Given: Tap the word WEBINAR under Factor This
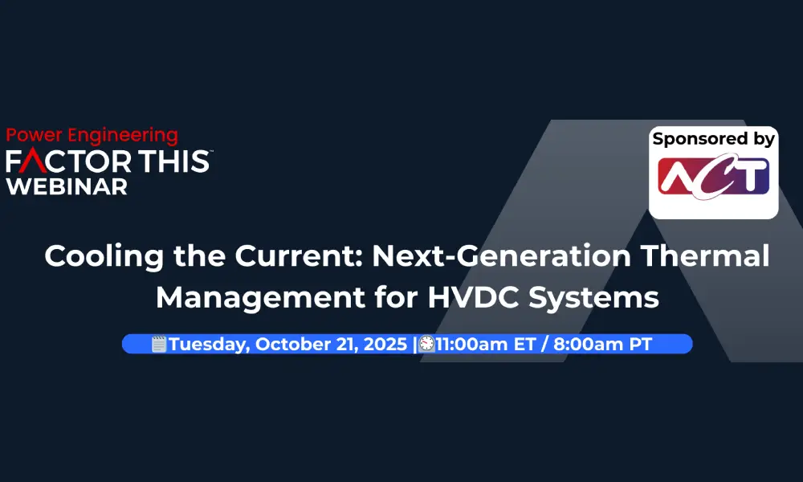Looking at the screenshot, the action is click(x=67, y=187).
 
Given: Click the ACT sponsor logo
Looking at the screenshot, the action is click(x=713, y=177).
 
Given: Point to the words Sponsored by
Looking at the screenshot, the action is click(x=713, y=139).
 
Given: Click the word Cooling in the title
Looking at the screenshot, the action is click(x=104, y=256).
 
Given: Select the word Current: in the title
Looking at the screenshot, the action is click(x=299, y=255).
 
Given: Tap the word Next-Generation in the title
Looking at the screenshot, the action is click(x=501, y=255).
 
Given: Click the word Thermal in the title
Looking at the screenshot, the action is click(x=705, y=255).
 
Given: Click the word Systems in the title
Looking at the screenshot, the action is click(x=593, y=298).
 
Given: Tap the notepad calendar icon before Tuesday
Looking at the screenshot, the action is click(x=159, y=344).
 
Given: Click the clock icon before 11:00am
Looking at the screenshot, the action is click(x=426, y=344).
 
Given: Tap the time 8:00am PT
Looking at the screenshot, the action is click(x=602, y=344).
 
